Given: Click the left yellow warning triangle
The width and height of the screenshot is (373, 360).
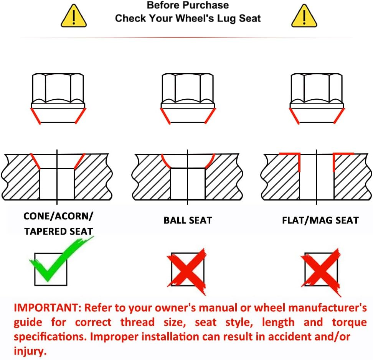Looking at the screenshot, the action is pyautogui.click(x=74, y=16).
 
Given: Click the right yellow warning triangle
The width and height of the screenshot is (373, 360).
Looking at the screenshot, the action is pyautogui.click(x=304, y=16).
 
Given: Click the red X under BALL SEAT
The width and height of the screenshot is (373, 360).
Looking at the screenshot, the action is pyautogui.click(x=187, y=271).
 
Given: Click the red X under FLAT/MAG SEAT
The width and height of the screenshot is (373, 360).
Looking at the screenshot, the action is pyautogui.click(x=321, y=271).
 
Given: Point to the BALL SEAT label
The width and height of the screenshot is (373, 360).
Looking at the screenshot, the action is pyautogui.click(x=188, y=220).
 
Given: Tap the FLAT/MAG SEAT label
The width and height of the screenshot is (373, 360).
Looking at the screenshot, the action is pyautogui.click(x=320, y=220).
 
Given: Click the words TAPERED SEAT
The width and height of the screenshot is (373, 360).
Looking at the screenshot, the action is pyautogui.click(x=58, y=232).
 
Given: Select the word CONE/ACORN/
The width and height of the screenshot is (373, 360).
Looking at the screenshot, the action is pyautogui.click(x=58, y=216).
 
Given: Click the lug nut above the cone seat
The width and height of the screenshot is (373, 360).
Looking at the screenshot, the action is pyautogui.click(x=58, y=99).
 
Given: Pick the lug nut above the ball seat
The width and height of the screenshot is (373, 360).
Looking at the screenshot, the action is pyautogui.click(x=188, y=99).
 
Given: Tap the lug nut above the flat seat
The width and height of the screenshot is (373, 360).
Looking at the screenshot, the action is pyautogui.click(x=317, y=99).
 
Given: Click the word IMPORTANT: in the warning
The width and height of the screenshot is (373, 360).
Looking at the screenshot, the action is pyautogui.click(x=48, y=308).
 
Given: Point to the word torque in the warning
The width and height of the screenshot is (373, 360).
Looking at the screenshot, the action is pyautogui.click(x=349, y=322).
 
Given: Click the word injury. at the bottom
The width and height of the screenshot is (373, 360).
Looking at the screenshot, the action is pyautogui.click(x=30, y=351).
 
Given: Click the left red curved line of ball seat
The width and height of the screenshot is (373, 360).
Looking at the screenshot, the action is pyautogui.click(x=166, y=161).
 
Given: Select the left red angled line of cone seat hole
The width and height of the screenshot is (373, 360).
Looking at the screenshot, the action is pyautogui.click(x=35, y=161).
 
